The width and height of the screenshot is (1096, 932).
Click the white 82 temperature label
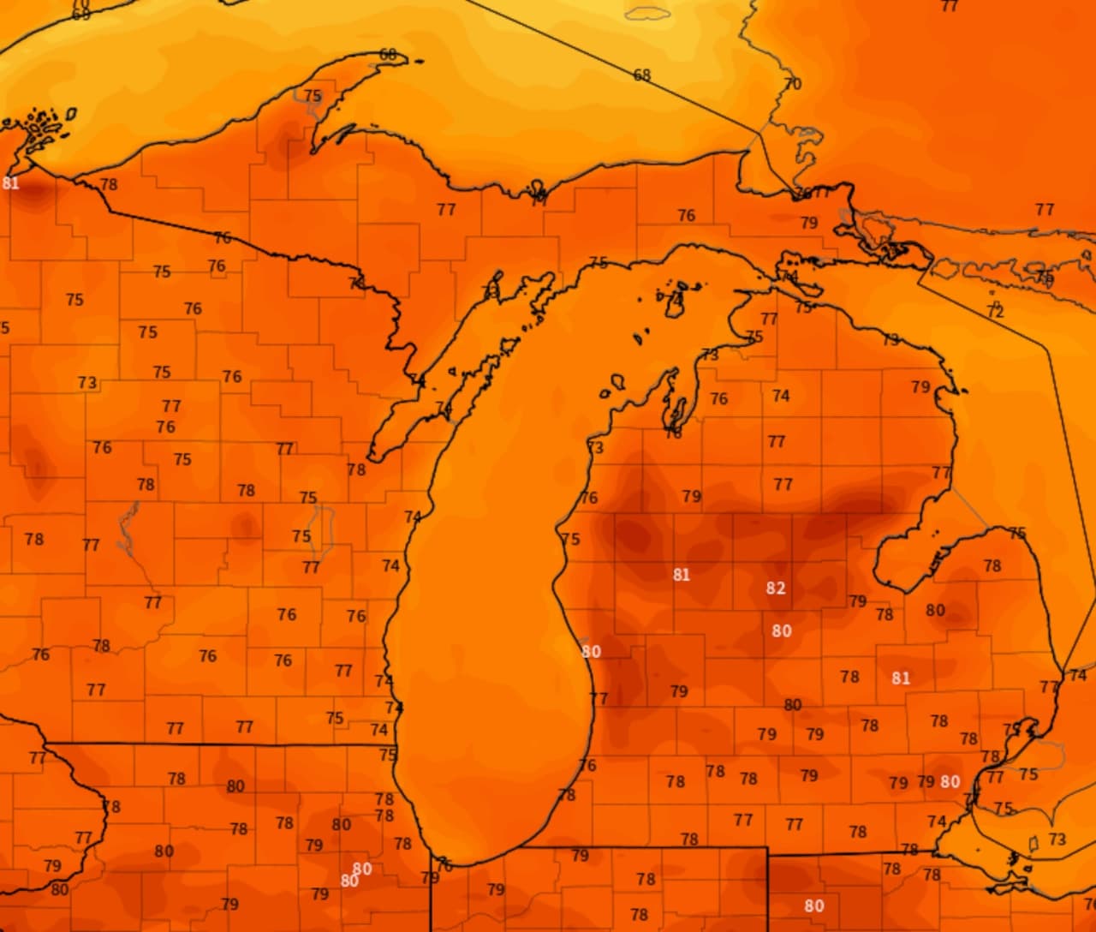click(x=776, y=588)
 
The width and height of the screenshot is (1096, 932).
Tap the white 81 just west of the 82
click(x=681, y=575)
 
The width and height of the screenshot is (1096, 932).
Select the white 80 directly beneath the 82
click(x=781, y=631)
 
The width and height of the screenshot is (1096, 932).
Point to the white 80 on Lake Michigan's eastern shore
click(x=591, y=652)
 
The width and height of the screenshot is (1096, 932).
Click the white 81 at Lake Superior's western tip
click(x=10, y=183)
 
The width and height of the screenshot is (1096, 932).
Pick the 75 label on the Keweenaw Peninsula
click(x=313, y=96)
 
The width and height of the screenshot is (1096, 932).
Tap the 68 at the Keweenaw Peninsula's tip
click(x=388, y=55)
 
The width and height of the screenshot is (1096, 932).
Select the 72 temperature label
click(x=995, y=312)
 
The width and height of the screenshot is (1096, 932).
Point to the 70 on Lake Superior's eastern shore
click(x=793, y=84)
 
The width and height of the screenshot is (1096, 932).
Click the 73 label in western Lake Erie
click(x=1057, y=839)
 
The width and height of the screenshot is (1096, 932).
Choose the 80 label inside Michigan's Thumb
click(x=935, y=611)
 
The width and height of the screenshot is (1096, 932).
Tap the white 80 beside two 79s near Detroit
click(x=950, y=782)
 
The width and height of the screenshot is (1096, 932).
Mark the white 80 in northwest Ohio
click(x=814, y=906)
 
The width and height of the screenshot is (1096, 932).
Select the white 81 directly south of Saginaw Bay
click(x=900, y=678)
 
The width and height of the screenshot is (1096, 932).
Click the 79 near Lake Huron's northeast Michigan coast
click(x=920, y=387)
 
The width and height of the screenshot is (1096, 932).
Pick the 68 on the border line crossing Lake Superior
click(x=642, y=75)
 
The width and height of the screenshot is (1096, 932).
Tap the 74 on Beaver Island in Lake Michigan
click(x=676, y=299)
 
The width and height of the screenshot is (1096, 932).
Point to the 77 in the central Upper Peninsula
click(x=446, y=210)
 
